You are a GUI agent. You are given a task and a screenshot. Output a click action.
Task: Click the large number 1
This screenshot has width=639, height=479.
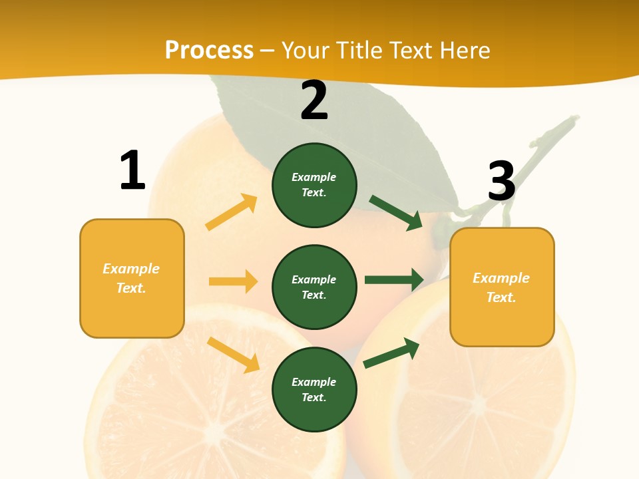click(132, 170)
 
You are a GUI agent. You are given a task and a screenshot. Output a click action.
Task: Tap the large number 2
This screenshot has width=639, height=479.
click(314, 100)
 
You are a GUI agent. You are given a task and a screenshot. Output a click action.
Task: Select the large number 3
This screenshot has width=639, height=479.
click(502, 181)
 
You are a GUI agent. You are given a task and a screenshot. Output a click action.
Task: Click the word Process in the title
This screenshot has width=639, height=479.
click(209, 50)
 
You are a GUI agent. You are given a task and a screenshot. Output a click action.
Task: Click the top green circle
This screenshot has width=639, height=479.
click(314, 185)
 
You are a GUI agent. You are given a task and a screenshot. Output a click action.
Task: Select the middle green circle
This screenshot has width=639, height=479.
click(314, 287)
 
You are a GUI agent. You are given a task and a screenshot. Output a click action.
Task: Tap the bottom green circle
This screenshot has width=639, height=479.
click(314, 389)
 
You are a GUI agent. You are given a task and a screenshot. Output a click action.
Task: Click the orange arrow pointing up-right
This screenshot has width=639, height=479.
click(232, 212)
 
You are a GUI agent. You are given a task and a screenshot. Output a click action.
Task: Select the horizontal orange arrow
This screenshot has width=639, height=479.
click(233, 281)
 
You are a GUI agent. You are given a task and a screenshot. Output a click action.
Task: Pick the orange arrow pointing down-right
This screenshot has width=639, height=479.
click(233, 355)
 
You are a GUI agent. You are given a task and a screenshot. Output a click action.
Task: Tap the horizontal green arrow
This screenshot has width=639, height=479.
click(394, 279)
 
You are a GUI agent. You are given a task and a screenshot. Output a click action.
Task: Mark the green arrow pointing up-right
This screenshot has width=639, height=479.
click(391, 353)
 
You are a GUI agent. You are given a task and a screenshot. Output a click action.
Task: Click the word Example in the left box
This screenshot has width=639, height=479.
click(131, 269)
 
